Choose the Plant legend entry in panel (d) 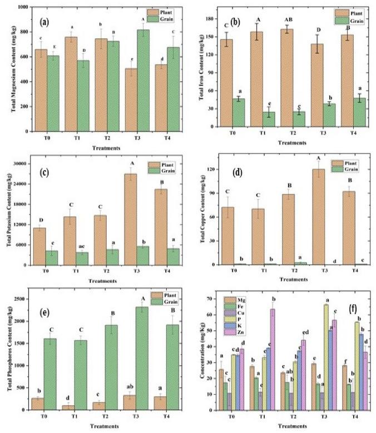[350, 163]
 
